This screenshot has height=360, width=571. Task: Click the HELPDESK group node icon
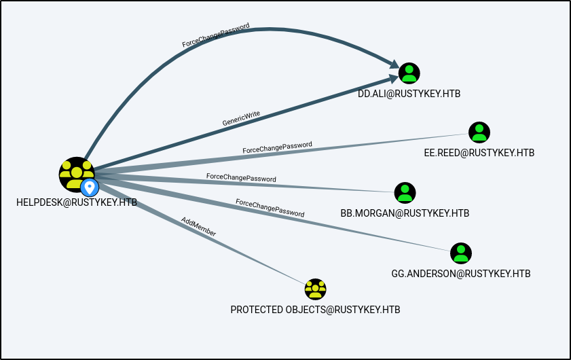pos(75,173)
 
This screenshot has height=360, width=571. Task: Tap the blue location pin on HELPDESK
pos(89,187)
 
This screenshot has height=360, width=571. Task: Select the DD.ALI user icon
pos(409,73)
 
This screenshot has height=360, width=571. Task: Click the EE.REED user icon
pos(479,132)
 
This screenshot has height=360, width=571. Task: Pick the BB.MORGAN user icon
pos(405,193)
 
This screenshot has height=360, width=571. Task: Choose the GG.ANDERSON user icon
pos(461,253)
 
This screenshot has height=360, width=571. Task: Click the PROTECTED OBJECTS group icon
pos(316,289)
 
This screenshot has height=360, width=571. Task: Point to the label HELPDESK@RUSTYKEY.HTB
pos(77,202)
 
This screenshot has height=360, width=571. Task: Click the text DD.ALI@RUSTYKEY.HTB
pos(409,94)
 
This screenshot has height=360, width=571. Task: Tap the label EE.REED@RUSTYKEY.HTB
pos(479,153)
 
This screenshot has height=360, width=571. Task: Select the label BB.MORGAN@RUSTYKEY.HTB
pos(405,213)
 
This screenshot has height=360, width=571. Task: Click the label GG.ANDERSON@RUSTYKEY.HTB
pos(461,274)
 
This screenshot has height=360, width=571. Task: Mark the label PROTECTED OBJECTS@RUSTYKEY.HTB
pos(316,310)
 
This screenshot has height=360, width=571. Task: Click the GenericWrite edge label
pos(241,118)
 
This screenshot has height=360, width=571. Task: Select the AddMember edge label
pos(199,226)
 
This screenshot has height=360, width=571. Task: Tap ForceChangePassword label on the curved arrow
pos(216,35)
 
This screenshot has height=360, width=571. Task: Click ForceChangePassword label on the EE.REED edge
pos(277,147)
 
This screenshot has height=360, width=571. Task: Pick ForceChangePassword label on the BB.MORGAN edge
pos(241,177)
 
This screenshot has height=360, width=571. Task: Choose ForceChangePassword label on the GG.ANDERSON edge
pos(270,207)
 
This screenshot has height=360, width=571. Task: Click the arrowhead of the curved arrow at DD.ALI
pos(393,65)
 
